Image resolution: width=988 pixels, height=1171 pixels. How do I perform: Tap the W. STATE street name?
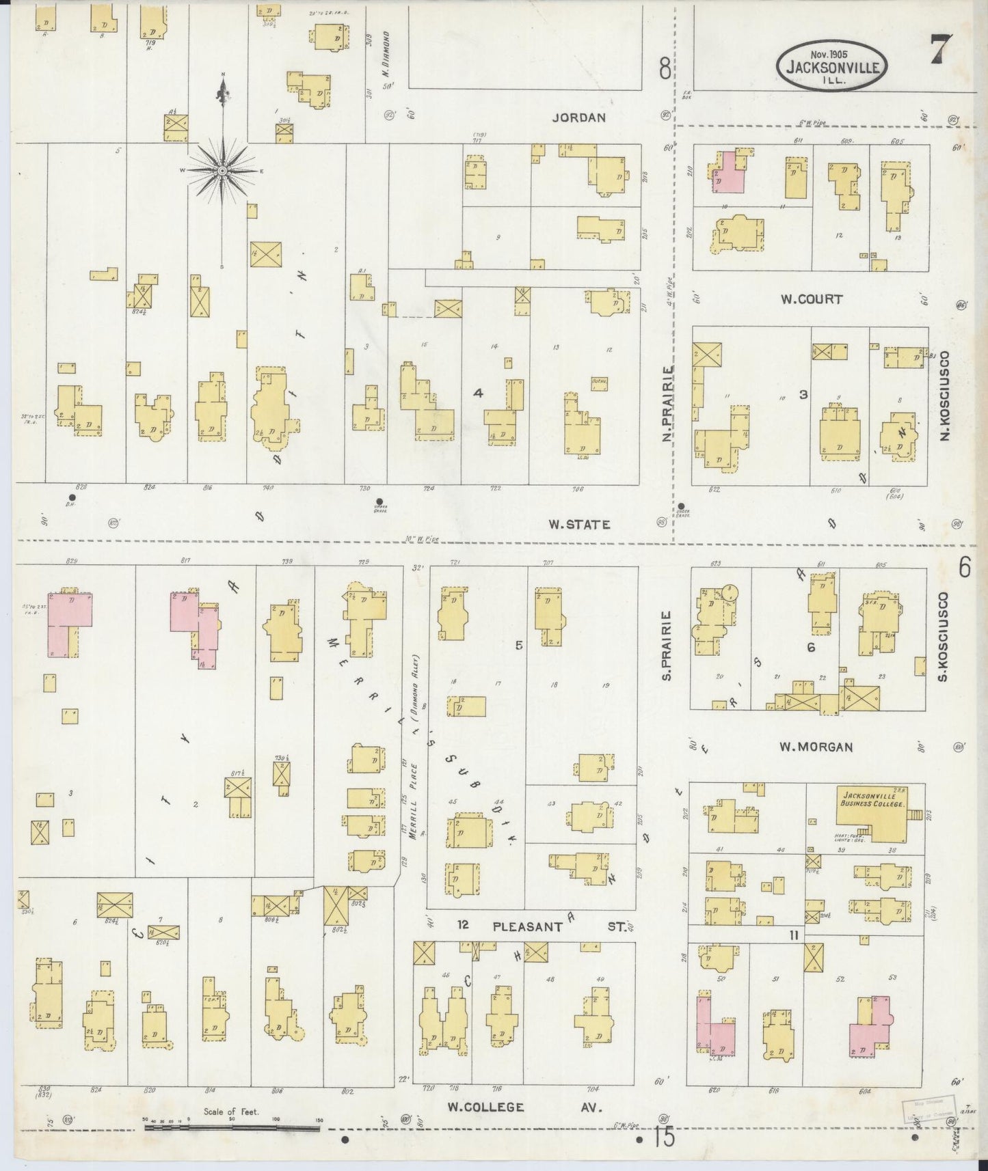click(578, 524)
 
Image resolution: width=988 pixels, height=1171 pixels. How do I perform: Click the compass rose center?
click(222, 169)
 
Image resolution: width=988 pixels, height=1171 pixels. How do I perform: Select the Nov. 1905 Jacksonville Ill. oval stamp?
click(831, 66)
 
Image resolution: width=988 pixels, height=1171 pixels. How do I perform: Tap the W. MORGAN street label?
click(816, 747)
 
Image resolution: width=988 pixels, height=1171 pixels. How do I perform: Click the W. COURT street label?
click(812, 299)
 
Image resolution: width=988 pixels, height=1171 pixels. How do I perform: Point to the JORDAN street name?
click(578, 118)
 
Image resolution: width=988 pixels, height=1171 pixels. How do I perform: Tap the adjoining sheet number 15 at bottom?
click(663, 1138)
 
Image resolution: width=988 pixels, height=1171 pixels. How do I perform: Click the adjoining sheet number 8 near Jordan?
click(664, 69)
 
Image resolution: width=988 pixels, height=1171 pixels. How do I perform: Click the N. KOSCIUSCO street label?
click(944, 396)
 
